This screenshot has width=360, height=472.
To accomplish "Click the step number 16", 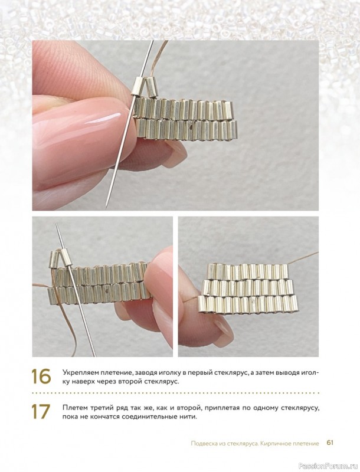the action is pos(41,376).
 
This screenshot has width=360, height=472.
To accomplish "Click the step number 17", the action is pos(41,411).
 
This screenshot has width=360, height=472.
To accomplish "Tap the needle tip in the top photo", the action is pos(106,207).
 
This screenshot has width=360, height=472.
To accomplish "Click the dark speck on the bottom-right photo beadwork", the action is pos(252,300).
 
